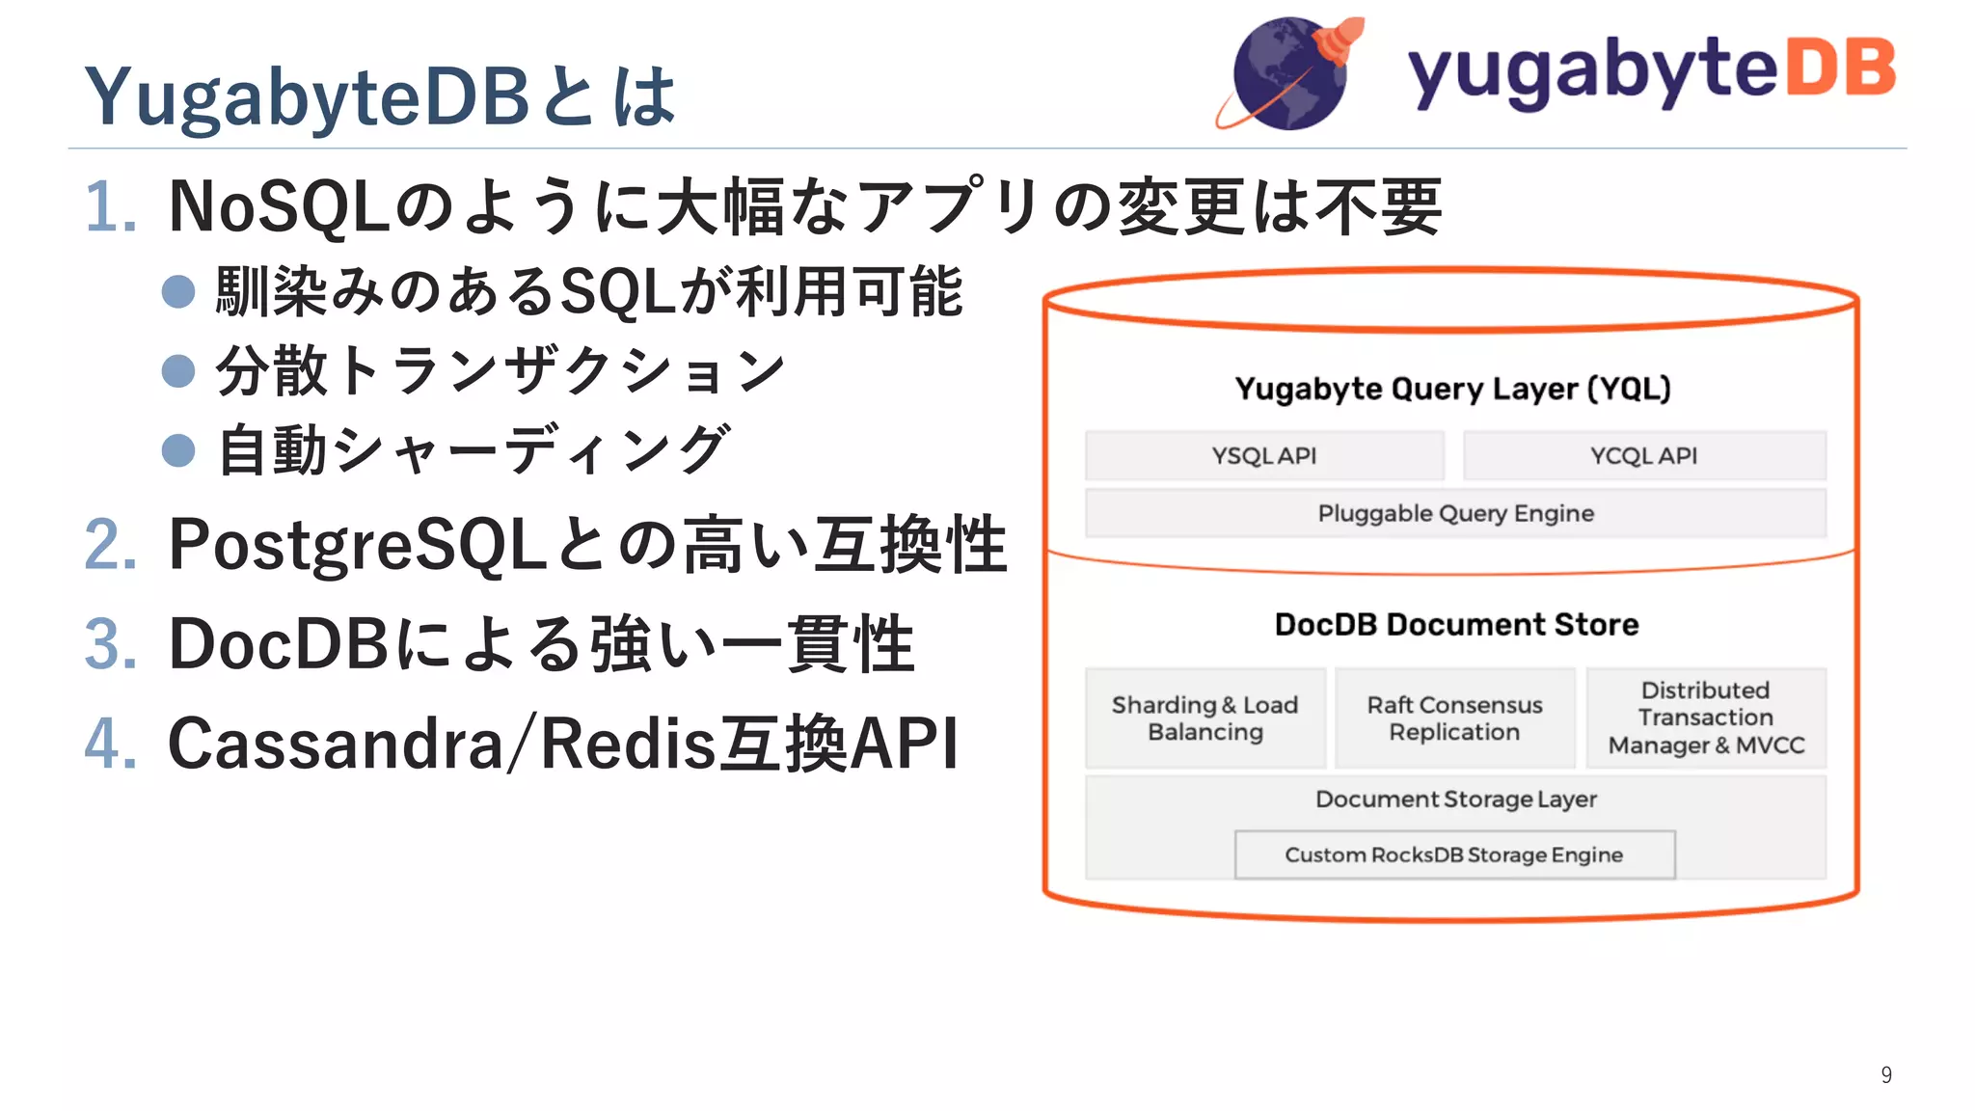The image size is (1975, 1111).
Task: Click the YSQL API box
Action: click(1263, 455)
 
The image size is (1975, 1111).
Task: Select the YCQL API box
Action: click(1643, 455)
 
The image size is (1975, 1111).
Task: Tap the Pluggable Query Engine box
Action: click(1455, 513)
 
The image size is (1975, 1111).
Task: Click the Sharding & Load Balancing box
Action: click(1204, 718)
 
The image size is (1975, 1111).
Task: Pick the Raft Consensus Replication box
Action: click(1454, 718)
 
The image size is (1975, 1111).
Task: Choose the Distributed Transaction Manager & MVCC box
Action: click(1705, 718)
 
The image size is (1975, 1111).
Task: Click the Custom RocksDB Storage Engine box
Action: click(1453, 854)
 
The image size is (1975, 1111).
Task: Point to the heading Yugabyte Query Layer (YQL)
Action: click(1452, 389)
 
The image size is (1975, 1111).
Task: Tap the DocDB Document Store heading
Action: click(1456, 625)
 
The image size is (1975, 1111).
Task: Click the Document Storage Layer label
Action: click(1455, 799)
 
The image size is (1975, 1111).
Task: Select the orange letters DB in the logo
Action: click(1841, 69)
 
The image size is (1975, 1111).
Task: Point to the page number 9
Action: click(1886, 1074)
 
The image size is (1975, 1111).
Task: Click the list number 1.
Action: click(108, 207)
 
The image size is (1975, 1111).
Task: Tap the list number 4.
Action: click(108, 744)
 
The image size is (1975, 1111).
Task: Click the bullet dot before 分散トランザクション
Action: click(178, 370)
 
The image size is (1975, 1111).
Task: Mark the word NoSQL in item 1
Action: click(279, 207)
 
